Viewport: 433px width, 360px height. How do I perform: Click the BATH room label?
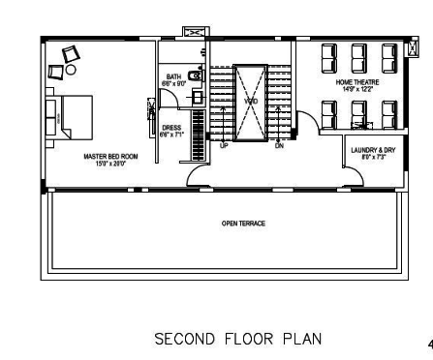coord(173,76)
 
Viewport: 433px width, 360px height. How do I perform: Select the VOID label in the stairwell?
coord(250,101)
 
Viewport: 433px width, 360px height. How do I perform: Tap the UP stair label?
coord(224,145)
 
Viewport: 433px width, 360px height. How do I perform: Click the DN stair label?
coord(279,145)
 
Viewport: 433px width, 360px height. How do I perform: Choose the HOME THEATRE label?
coord(356,82)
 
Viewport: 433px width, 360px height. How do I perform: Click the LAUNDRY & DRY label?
coord(373,150)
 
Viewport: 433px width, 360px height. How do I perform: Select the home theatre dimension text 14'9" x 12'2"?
coord(356,90)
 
